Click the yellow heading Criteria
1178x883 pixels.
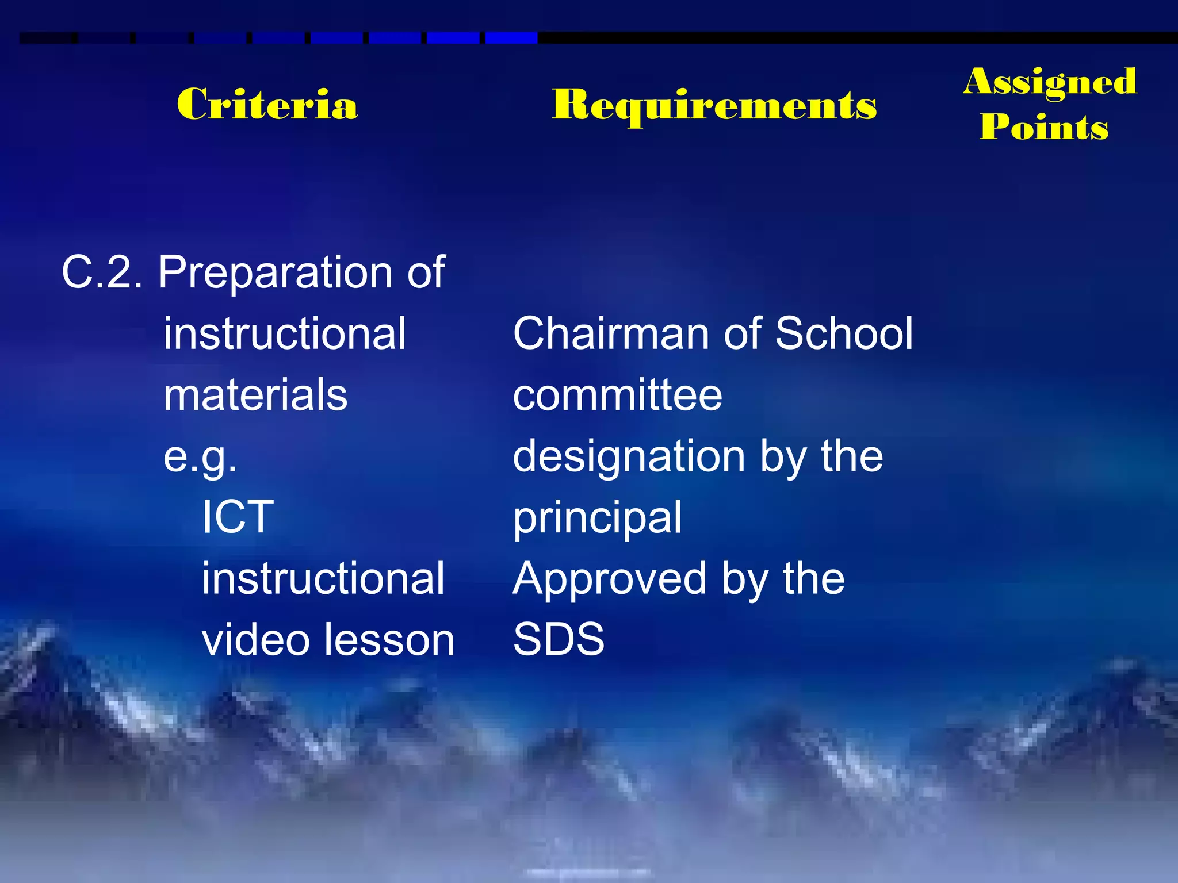click(x=267, y=105)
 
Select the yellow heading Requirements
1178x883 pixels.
click(x=714, y=106)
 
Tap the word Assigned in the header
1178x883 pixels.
click(x=1050, y=82)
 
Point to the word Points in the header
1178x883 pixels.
click(x=1044, y=127)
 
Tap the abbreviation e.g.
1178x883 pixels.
click(x=200, y=457)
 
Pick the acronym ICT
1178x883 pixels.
click(x=238, y=517)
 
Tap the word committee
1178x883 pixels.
click(x=617, y=396)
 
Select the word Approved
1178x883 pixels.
click(x=610, y=579)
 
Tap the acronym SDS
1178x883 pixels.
click(x=559, y=639)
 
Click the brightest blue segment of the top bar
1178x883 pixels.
click(x=511, y=38)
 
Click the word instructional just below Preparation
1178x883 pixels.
click(x=285, y=333)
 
